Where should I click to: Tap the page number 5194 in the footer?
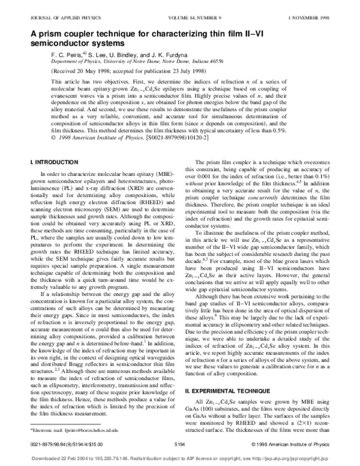179,444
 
